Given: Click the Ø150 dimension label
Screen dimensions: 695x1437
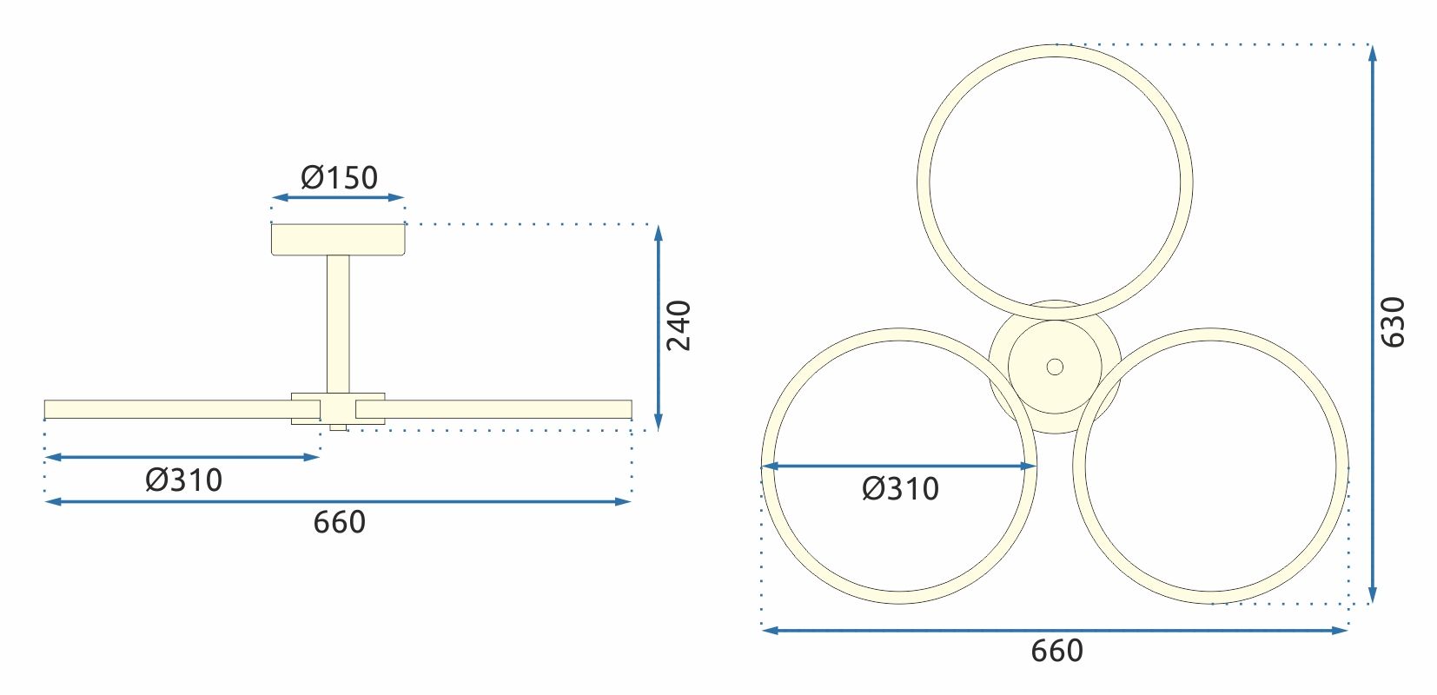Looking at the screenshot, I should pos(339,177).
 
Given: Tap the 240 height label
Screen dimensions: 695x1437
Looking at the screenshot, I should pos(679,326).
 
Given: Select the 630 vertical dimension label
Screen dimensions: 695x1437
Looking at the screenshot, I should pos(1393,322).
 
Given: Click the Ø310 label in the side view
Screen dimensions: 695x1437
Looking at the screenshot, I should pos(183,480).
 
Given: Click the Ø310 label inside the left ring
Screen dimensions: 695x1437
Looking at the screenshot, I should pos(900,488).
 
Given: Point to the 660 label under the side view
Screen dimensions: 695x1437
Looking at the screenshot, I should pos(339,522).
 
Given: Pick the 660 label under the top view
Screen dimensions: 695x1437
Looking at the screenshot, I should pos(1056,650).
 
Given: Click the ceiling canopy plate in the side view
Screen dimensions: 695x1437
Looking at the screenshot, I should pos(338,240).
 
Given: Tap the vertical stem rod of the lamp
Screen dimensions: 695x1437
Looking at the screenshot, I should pos(338,321).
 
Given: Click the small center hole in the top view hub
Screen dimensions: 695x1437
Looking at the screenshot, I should pos(1055,367).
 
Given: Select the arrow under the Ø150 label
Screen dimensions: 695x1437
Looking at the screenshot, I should pos(338,198).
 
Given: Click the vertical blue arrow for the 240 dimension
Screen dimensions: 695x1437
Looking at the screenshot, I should pos(659,326).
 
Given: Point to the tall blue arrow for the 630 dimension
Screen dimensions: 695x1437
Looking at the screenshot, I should pos(1372,322).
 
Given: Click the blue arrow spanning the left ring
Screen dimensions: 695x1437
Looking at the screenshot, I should pos(898,467).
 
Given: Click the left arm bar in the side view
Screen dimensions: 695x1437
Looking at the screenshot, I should pos(165,409).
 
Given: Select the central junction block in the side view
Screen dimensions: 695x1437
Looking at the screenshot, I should pos(338,408).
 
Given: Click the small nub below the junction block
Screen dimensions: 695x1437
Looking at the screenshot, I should pos(338,427).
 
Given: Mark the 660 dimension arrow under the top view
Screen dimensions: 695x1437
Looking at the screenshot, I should pos(1054,630).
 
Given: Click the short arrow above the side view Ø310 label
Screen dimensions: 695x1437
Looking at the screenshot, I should pos(182,456).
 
